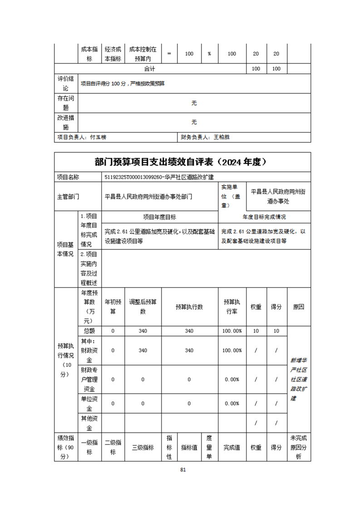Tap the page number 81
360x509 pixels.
point(183,470)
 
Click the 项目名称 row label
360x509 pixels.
point(68,177)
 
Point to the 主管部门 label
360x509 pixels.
point(68,197)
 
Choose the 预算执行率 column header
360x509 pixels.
point(232,307)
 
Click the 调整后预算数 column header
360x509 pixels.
point(143,307)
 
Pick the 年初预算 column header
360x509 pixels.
point(113,307)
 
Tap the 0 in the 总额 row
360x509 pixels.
point(113,331)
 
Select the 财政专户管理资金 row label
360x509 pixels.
point(90,379)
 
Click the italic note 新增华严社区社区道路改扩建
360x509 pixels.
point(299,379)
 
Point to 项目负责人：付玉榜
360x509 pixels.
point(82,137)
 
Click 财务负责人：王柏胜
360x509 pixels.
point(205,137)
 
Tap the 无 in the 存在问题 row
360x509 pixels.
point(194,103)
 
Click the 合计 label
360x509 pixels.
point(150,69)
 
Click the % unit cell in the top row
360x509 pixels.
point(209,54)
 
